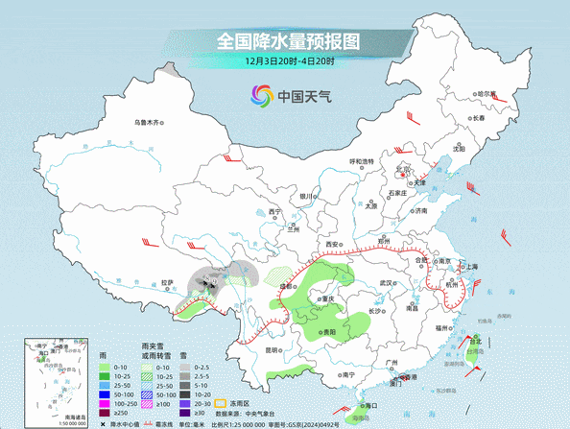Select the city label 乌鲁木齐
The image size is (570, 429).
[151, 122]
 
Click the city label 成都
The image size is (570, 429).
[285, 286]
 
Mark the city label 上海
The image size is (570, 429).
[471, 267]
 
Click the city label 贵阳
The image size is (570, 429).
[329, 331]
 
